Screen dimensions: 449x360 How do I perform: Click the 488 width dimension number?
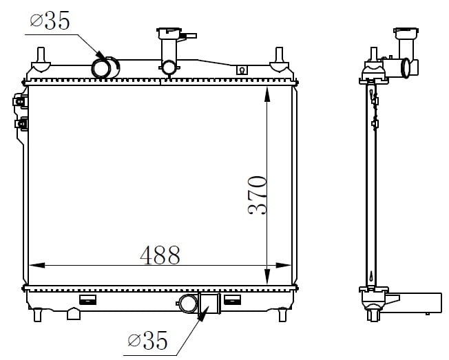[160, 255]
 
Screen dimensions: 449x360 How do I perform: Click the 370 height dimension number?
[257, 195]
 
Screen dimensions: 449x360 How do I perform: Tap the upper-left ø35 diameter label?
[50, 21]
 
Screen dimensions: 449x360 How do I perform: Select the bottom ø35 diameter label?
[147, 340]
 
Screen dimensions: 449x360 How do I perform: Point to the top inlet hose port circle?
[101, 68]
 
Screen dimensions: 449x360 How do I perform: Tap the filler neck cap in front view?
[169, 32]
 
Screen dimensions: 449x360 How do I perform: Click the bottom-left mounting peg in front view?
[37, 315]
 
